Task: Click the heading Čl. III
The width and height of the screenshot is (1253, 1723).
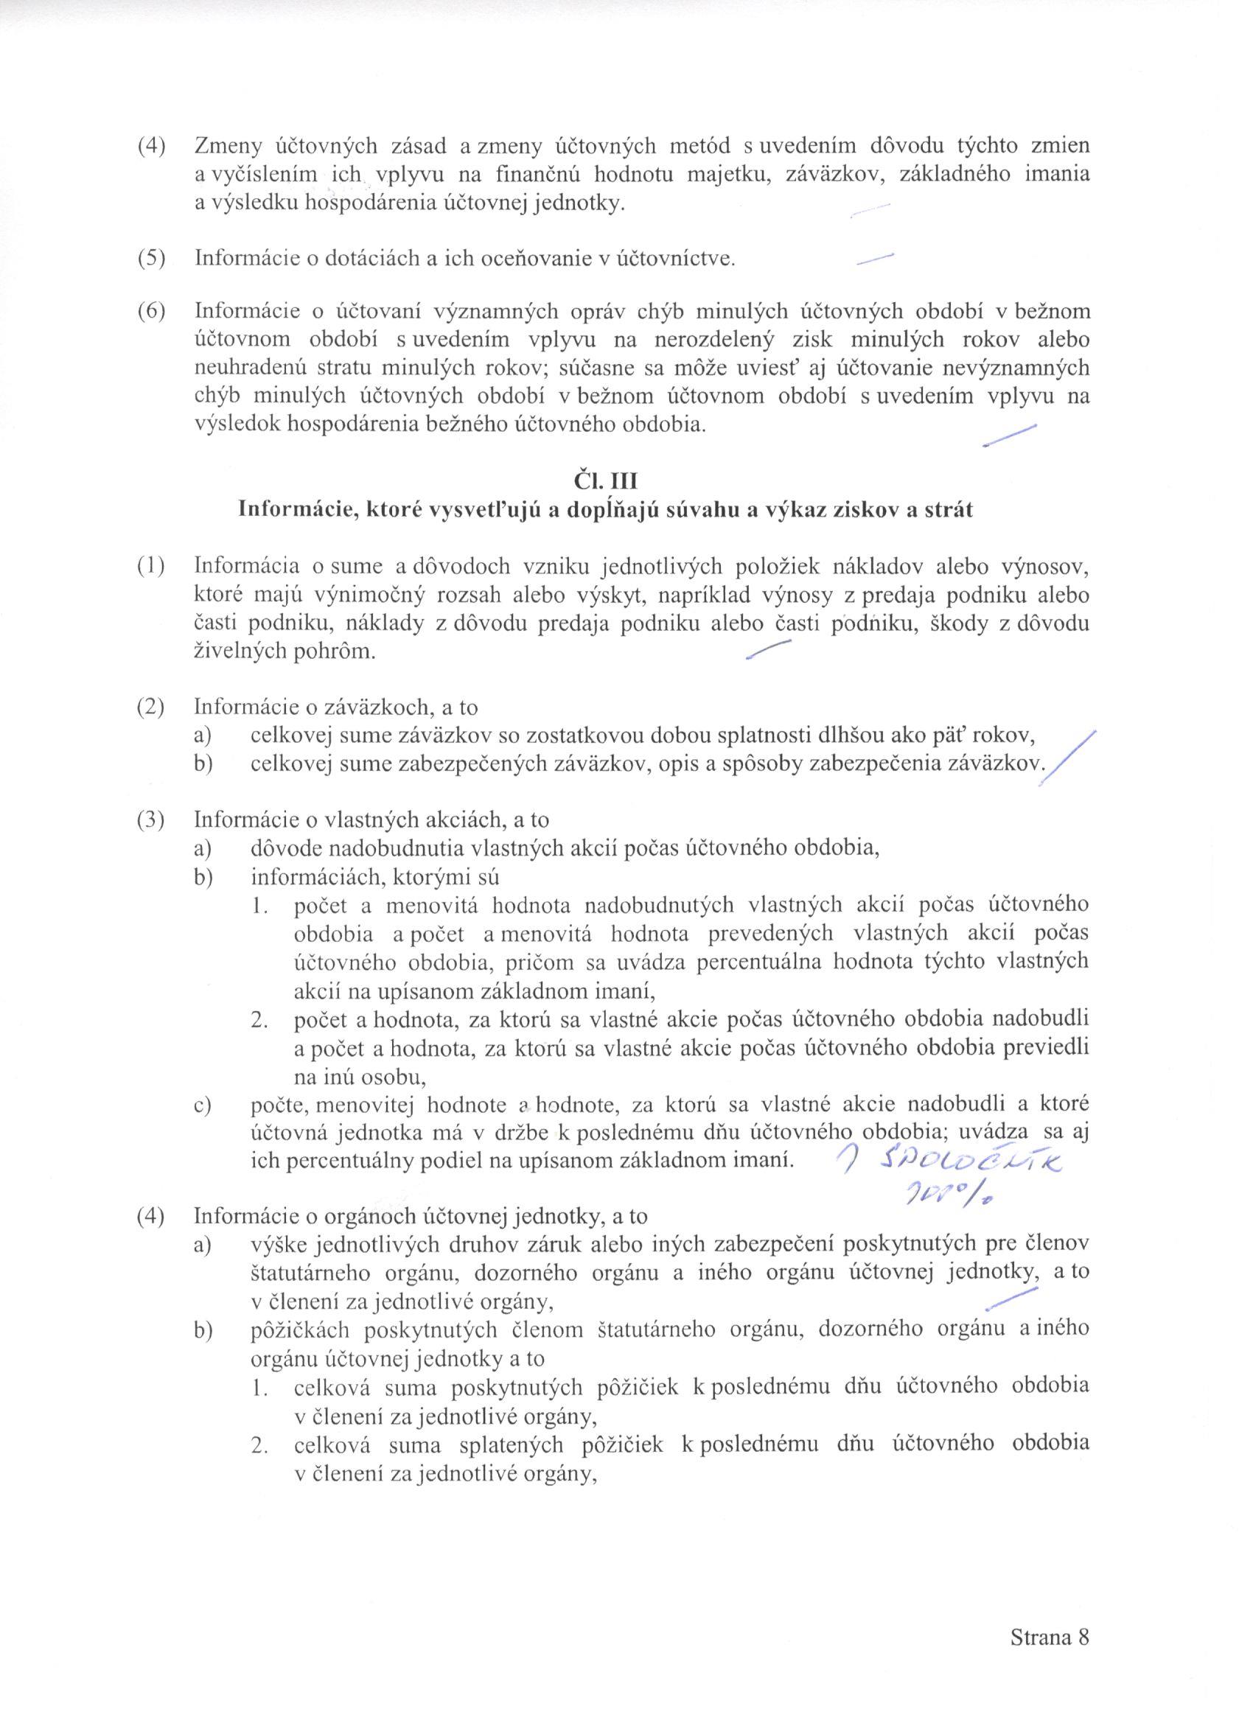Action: click(x=605, y=481)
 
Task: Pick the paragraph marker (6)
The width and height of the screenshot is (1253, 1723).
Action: click(x=151, y=312)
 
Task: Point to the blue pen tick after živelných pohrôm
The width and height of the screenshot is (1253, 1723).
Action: click(x=769, y=650)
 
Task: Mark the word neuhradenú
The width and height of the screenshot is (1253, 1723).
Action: click(x=243, y=368)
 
